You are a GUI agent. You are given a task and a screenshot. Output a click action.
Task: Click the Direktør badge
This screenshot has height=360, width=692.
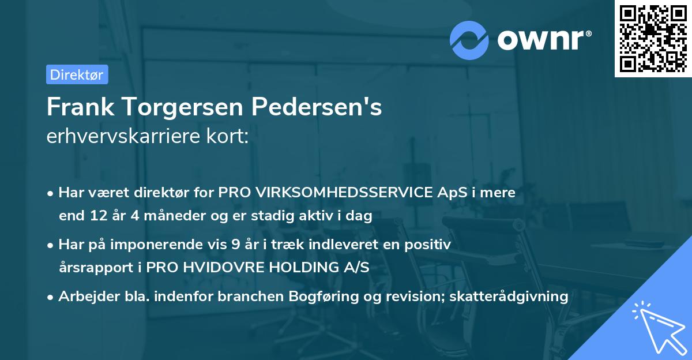pyautogui.click(x=77, y=74)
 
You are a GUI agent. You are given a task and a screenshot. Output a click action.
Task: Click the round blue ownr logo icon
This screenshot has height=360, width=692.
pyautogui.click(x=469, y=39)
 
